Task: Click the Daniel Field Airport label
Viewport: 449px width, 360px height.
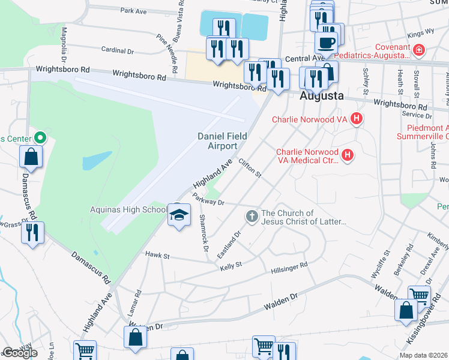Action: point(222,141)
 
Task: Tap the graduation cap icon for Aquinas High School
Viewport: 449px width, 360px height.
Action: point(179,214)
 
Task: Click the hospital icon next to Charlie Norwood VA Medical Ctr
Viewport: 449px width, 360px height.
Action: point(347,156)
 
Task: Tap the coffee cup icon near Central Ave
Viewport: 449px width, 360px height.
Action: point(326,43)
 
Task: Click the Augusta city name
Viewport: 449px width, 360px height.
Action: point(322,95)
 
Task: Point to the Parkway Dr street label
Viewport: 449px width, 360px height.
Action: point(208,199)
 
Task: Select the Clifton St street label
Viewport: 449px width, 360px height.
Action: point(250,169)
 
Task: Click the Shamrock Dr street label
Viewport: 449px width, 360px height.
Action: point(203,232)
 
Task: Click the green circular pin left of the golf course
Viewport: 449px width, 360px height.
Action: point(40,137)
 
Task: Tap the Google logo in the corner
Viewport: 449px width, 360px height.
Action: point(20,353)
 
